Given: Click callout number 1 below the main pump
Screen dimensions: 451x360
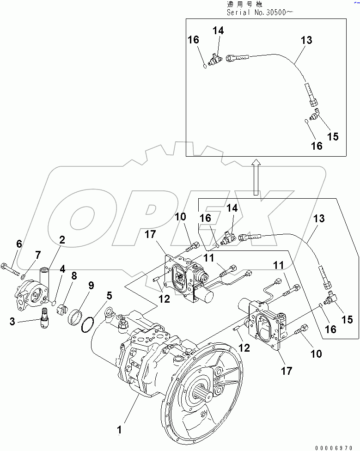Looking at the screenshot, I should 119,429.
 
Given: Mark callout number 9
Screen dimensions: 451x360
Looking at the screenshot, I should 92,285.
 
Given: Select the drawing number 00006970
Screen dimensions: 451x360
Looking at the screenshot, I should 336,447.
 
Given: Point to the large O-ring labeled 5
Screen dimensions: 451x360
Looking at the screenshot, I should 87,325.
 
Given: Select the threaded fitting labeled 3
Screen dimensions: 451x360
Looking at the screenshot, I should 45,318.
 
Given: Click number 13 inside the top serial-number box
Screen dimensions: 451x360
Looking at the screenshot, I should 306,41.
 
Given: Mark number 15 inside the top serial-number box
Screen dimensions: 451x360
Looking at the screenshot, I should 332,136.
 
